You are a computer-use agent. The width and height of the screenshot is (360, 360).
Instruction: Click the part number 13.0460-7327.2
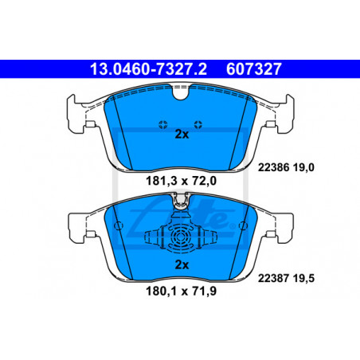[148, 69]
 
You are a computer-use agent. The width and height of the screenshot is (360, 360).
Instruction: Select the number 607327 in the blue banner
[253, 69]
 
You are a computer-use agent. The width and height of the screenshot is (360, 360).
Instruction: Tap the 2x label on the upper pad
[182, 135]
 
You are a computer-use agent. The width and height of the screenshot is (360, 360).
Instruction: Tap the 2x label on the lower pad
[182, 264]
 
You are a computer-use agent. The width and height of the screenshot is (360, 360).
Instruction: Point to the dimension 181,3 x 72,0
[181, 181]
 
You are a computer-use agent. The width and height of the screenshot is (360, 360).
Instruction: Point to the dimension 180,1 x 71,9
[181, 292]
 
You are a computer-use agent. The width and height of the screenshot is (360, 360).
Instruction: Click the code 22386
[273, 167]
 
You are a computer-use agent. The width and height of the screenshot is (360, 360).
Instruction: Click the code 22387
[273, 278]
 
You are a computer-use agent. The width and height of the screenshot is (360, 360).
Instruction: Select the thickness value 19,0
[303, 167]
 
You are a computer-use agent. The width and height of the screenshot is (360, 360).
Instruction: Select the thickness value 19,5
[303, 278]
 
